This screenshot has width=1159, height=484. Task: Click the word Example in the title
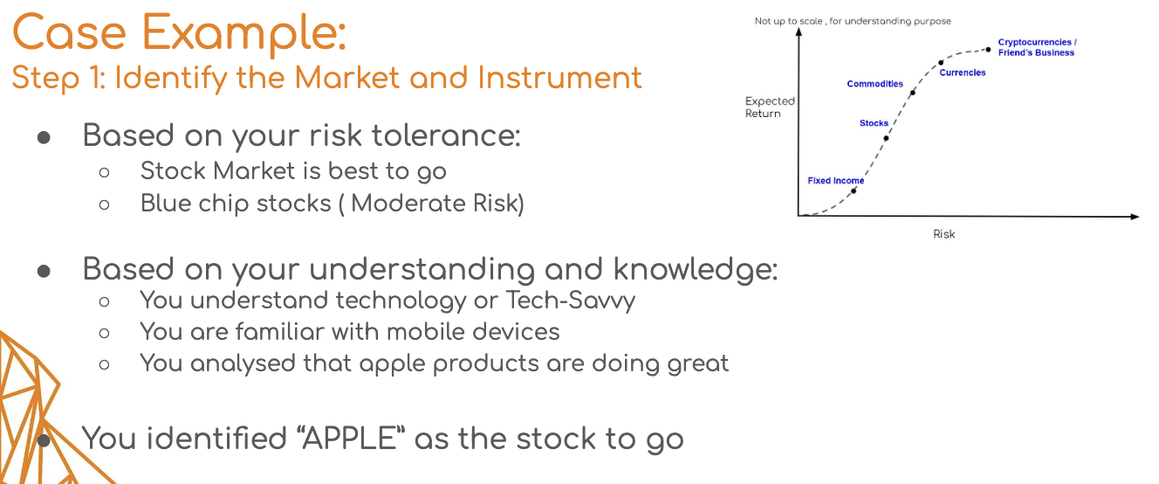[x=243, y=33]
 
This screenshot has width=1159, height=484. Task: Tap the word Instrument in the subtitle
[x=559, y=78]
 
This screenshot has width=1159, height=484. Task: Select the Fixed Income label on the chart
[x=835, y=180]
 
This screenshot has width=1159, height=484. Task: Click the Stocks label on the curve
[x=874, y=123]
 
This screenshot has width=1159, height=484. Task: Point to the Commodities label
[x=875, y=83]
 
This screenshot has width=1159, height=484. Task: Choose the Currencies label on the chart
[x=963, y=73]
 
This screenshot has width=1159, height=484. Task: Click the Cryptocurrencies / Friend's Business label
[x=1037, y=47]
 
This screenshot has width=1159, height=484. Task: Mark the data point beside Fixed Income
[x=854, y=191]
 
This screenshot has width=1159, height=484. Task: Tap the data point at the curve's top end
[x=988, y=50]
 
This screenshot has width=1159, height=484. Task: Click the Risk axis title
[x=943, y=234]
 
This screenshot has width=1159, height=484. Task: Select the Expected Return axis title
[x=770, y=107]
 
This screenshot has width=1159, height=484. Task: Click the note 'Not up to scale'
[x=789, y=21]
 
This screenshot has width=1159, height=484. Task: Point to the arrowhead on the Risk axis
[x=1135, y=217]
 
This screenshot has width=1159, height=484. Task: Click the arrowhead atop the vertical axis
[x=799, y=32]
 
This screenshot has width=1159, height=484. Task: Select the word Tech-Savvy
[x=570, y=301]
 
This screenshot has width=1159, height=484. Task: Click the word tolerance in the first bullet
[x=446, y=135]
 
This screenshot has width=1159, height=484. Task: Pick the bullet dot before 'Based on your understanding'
[x=44, y=271]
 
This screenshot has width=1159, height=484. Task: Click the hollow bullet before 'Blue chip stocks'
[x=104, y=204]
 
